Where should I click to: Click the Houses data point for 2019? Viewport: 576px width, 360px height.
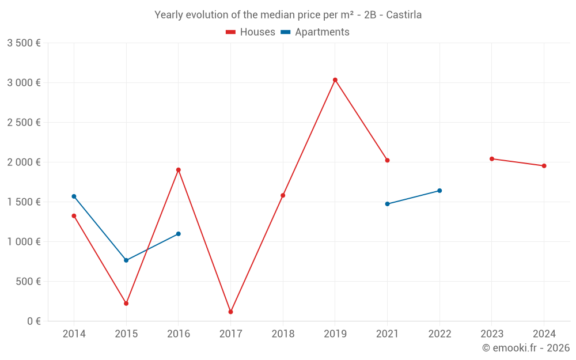click(x=335, y=80)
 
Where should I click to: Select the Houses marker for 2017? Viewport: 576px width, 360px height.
click(x=230, y=312)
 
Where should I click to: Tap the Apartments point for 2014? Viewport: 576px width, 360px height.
click(x=74, y=196)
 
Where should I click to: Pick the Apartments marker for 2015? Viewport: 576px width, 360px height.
click(x=126, y=260)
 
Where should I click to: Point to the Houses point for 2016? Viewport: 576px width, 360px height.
click(x=179, y=170)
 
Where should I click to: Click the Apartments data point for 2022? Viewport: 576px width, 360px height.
click(x=439, y=191)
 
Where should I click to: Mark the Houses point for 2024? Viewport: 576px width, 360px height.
click(x=544, y=166)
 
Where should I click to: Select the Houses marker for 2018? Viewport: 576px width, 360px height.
click(x=283, y=195)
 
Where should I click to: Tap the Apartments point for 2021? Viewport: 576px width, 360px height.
click(x=387, y=204)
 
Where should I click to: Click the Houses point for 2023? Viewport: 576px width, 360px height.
click(x=491, y=159)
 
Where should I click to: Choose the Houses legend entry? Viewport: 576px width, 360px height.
click(x=251, y=32)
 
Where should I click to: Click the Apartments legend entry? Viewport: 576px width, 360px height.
click(x=315, y=32)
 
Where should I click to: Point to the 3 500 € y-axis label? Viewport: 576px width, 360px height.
click(x=24, y=43)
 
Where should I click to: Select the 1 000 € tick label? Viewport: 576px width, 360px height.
click(x=24, y=242)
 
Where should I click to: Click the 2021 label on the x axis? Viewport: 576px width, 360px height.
click(x=387, y=334)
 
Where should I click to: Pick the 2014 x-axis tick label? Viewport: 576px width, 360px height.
click(x=74, y=334)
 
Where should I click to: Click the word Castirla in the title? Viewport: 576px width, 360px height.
click(x=404, y=15)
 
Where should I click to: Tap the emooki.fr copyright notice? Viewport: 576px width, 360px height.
click(x=526, y=348)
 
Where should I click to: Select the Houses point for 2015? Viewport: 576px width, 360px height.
click(x=126, y=304)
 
